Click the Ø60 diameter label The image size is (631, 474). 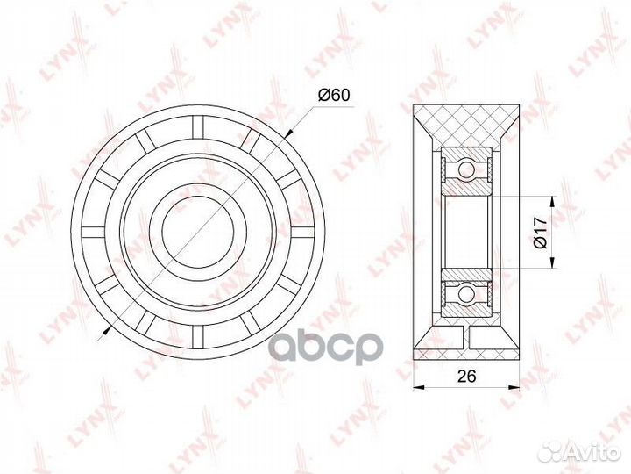pyautogui.click(x=334, y=95)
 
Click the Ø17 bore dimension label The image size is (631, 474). pyautogui.click(x=540, y=233)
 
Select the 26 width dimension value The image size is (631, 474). pyautogui.click(x=467, y=376)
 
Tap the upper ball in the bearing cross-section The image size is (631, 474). pyautogui.click(x=467, y=168)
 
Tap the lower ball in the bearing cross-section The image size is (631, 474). pyautogui.click(x=467, y=293)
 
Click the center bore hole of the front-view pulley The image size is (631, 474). pyautogui.click(x=198, y=232)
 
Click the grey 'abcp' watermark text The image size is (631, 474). pyautogui.click(x=325, y=347)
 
